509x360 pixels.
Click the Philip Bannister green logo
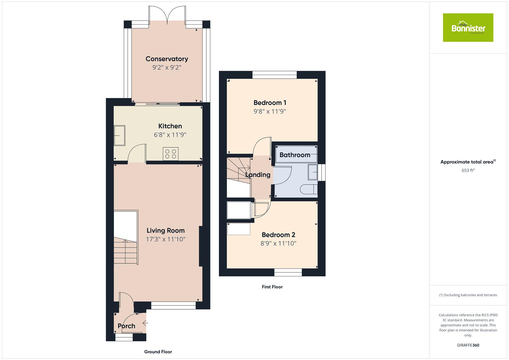click(468, 28)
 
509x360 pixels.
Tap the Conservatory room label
click(167, 59)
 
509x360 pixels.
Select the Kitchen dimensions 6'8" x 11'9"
click(170, 135)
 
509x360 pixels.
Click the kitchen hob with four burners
click(170, 154)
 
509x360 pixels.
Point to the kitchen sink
click(119, 136)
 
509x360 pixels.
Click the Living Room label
click(166, 230)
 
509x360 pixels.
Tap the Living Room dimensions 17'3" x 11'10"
click(166, 239)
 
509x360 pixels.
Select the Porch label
click(126, 326)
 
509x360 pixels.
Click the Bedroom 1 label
click(270, 103)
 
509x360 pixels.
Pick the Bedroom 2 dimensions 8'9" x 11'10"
click(278, 244)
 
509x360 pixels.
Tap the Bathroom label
click(295, 155)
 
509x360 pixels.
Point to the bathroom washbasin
click(313, 172)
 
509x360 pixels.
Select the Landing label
click(258, 175)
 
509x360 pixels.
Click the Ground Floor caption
click(158, 352)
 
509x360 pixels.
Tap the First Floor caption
click(272, 287)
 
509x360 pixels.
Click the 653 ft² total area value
click(468, 170)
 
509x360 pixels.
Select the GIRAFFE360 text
click(468, 345)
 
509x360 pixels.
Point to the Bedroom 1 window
click(274, 75)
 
